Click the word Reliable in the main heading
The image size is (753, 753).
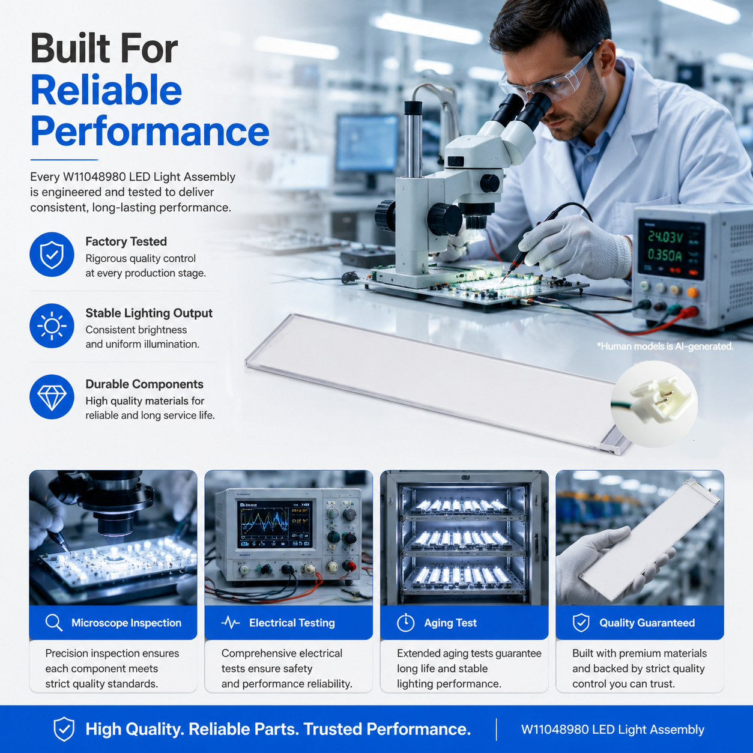coord(106,90)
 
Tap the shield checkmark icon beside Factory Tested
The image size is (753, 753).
coord(52,255)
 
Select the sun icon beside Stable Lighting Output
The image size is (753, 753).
coord(52,326)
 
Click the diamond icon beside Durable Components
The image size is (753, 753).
coord(52,397)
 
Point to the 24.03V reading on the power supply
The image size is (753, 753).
coord(665,237)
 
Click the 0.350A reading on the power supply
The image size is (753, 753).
coord(665,256)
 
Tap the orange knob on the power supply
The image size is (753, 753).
coord(692,292)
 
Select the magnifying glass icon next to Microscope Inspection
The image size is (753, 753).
coord(53,623)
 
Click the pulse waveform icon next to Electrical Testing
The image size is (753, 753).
coord(231,623)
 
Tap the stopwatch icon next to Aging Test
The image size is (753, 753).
coord(405,623)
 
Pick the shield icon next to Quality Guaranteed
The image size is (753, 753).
coord(581,623)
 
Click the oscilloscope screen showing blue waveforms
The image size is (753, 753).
coord(276,524)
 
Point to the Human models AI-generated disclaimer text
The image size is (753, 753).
coord(665,346)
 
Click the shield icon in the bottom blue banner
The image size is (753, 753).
coord(64,729)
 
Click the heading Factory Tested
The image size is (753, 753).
coord(126,241)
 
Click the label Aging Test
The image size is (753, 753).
coord(450,623)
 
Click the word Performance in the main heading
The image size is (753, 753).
coord(150,132)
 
